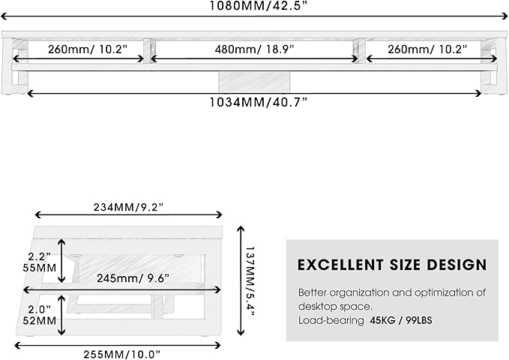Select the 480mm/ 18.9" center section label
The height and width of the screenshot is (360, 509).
pyautogui.click(x=254, y=49)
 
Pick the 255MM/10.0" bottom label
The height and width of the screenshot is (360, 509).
pyautogui.click(x=122, y=352)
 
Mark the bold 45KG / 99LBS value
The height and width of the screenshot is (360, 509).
pyautogui.click(x=400, y=320)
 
